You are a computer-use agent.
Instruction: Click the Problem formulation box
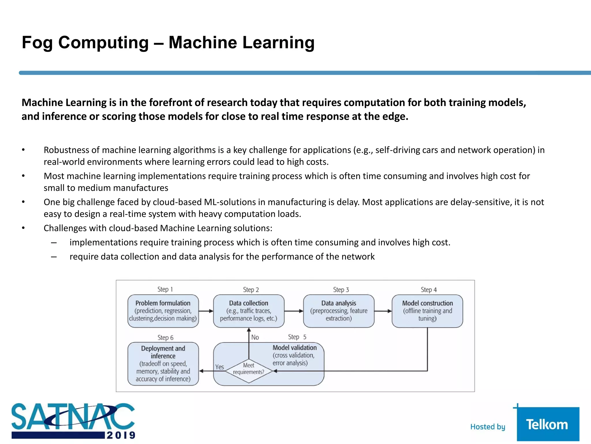163,311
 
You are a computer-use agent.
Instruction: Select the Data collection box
248,311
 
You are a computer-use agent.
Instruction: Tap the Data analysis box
338,311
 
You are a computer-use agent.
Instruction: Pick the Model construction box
427,311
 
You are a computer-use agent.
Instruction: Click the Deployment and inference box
163,364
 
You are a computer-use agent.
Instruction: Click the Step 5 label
297,337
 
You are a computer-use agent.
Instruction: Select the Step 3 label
341,290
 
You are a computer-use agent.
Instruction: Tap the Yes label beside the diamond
219,367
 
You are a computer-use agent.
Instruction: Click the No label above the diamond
255,337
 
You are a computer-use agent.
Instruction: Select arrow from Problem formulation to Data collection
206,311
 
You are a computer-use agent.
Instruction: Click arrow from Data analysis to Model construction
383,311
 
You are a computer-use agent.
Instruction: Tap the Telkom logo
547,424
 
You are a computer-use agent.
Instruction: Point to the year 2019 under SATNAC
121,435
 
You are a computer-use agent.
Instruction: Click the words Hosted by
487,427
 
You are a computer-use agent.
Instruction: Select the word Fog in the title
37,42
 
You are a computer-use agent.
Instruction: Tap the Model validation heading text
294,348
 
